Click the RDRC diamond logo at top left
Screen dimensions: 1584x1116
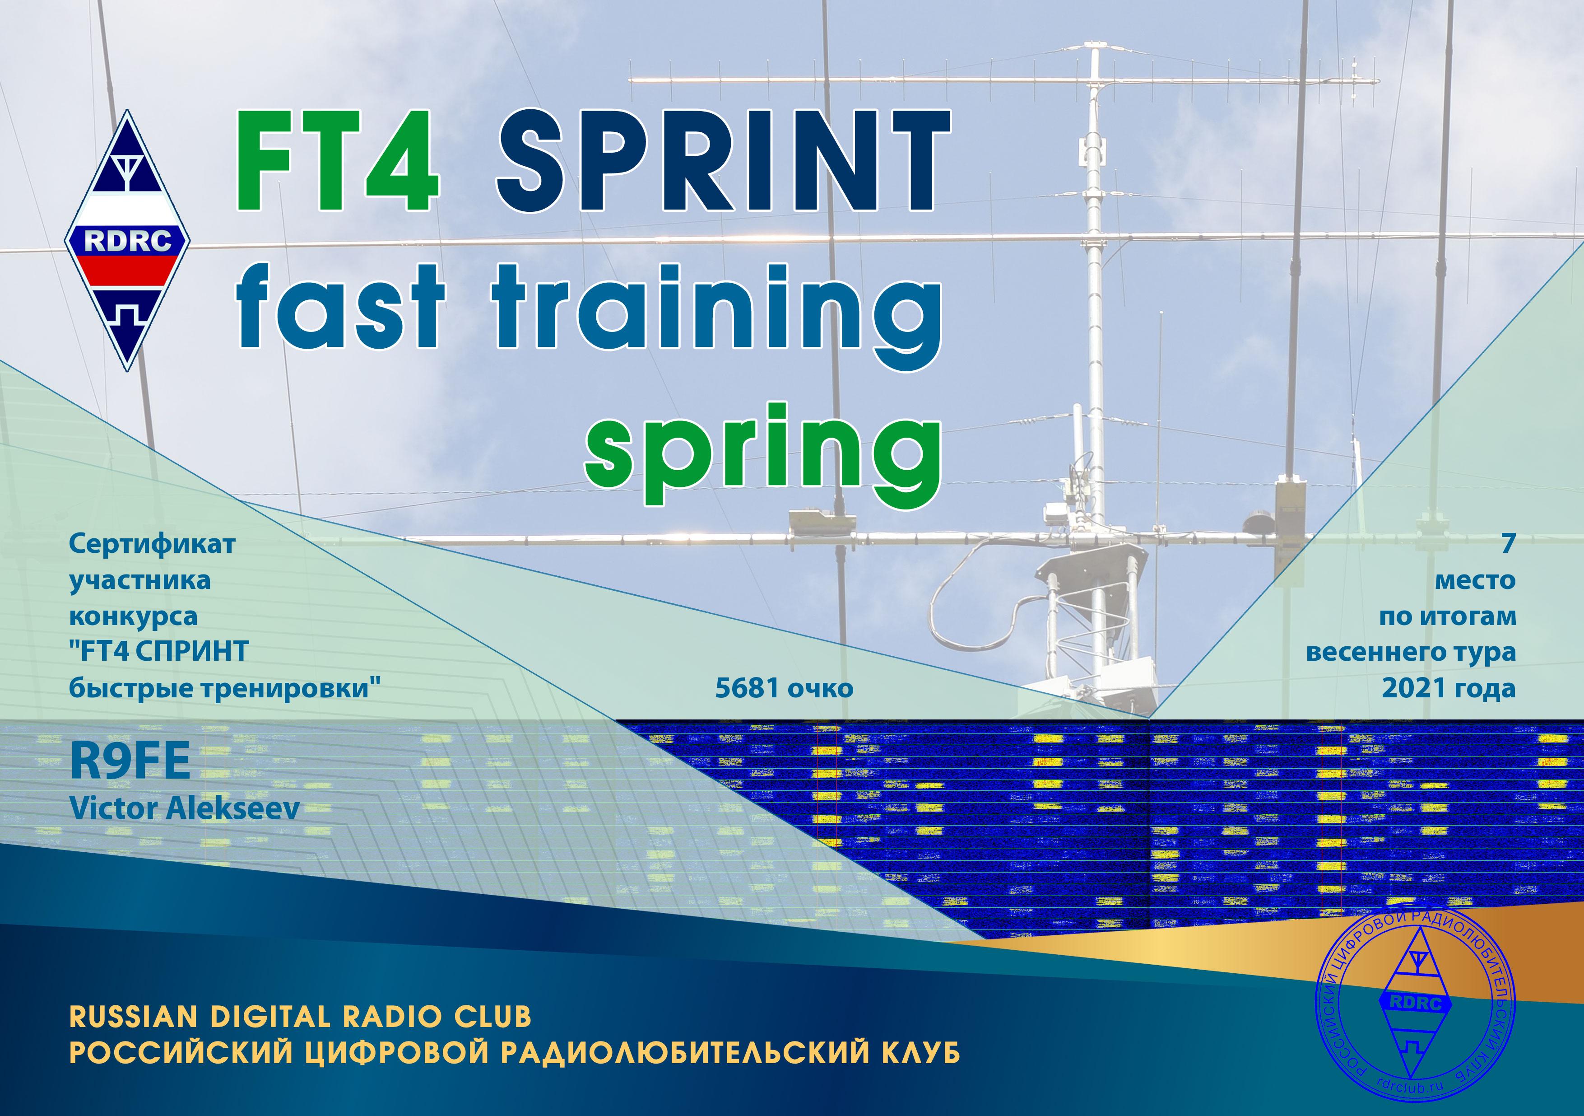click(x=128, y=240)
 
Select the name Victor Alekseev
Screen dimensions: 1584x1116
click(x=185, y=808)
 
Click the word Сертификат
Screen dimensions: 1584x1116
click(x=153, y=544)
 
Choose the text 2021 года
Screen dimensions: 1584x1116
click(x=1449, y=688)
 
